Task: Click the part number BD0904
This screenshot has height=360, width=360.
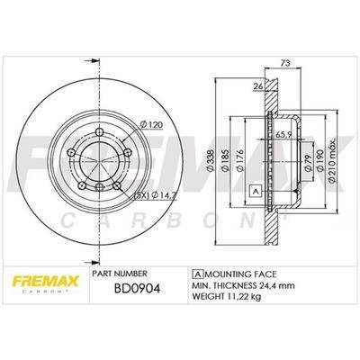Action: click(138, 288)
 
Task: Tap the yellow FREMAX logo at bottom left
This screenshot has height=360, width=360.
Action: click(46, 282)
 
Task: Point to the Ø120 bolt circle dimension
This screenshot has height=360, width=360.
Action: click(151, 124)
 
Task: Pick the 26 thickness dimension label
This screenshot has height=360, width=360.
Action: click(258, 86)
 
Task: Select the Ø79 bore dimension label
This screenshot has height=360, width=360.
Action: click(308, 164)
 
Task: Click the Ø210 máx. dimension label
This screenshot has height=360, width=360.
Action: click(332, 162)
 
